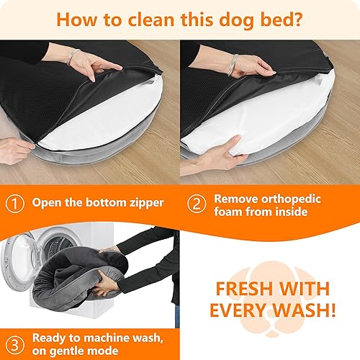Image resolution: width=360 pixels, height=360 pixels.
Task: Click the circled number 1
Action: tap(15, 202)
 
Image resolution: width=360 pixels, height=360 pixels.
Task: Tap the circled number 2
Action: tap(195, 202)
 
